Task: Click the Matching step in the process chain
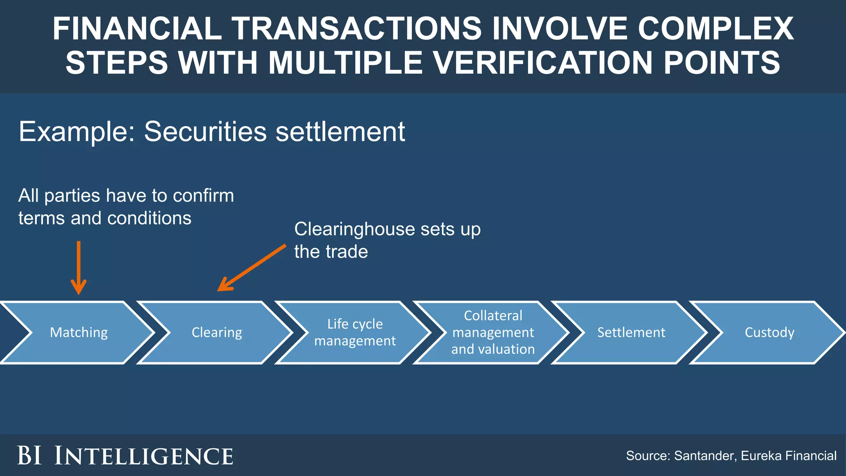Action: pos(78,333)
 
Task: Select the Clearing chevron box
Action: pos(217,333)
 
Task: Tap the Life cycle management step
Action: pos(355,333)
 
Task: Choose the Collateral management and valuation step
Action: pos(493,333)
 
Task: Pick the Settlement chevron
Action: pos(631,333)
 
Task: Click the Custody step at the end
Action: pos(769,333)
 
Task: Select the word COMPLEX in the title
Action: pos(715,29)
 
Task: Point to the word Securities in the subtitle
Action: pos(205,132)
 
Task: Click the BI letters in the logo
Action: pos(29,456)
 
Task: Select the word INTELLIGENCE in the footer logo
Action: pos(144,456)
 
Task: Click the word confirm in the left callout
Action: pos(203,196)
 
